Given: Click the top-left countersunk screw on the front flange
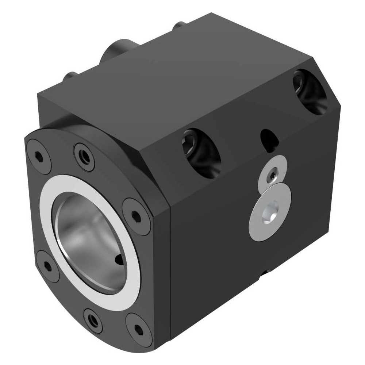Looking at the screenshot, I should tap(38, 157).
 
